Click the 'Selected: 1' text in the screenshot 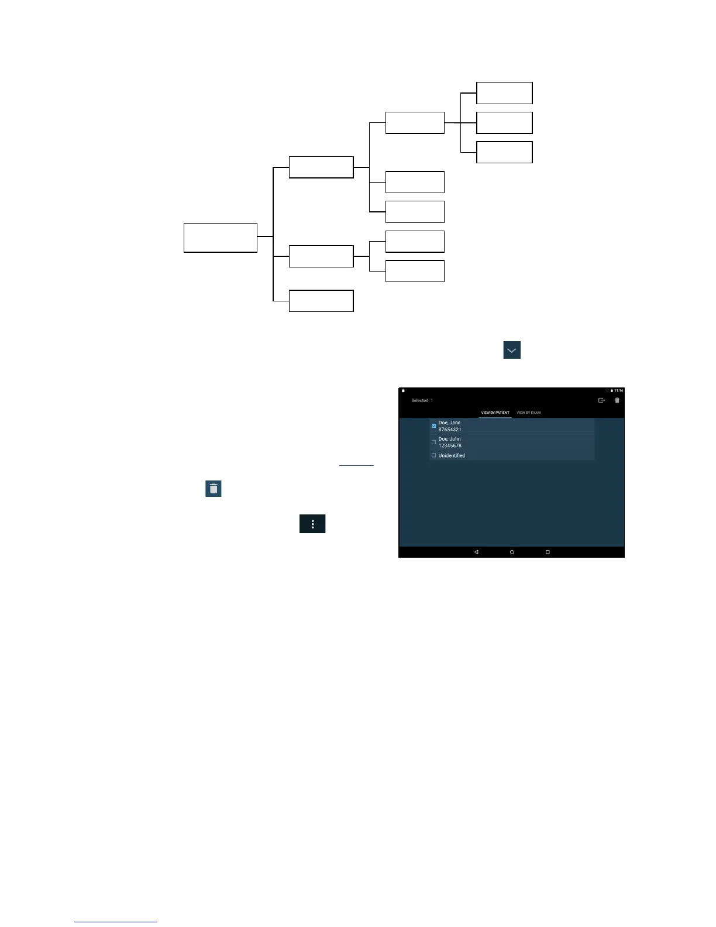[x=422, y=401]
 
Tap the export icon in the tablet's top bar [x=601, y=400]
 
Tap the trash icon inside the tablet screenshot [x=617, y=400]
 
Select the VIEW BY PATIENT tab [x=495, y=413]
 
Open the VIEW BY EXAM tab [x=528, y=413]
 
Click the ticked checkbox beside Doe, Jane [x=433, y=425]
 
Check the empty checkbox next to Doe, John [x=433, y=442]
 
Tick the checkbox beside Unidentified [x=433, y=455]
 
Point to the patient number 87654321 [x=450, y=430]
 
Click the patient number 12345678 [x=450, y=446]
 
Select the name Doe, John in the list [x=449, y=439]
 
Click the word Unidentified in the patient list [x=452, y=455]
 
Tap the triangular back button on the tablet [x=476, y=552]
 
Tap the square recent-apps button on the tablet [x=548, y=552]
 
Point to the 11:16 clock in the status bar [x=618, y=390]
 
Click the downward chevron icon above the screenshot [x=512, y=350]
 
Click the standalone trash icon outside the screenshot [x=214, y=489]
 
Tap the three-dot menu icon [x=312, y=524]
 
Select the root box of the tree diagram [x=221, y=238]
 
